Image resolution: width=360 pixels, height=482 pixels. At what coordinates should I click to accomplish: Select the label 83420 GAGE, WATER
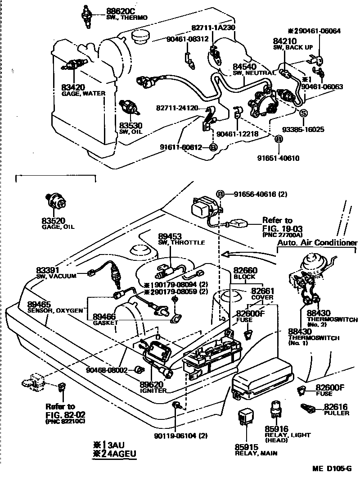(83, 90)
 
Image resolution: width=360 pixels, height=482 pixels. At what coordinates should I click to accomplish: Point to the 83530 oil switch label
(130, 128)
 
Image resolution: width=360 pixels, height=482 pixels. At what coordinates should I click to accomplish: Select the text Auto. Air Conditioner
(317, 243)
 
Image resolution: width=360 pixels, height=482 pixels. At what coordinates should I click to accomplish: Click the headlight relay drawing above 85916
(274, 409)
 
